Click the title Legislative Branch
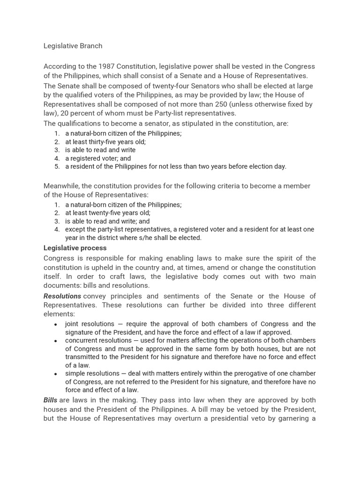pyautogui.click(x=73, y=46)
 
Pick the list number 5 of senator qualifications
pyautogui.click(x=57, y=166)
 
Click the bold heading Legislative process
pyautogui.click(x=75, y=248)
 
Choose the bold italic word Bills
pyautogui.click(x=50, y=400)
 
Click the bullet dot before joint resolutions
pyautogui.click(x=56, y=324)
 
